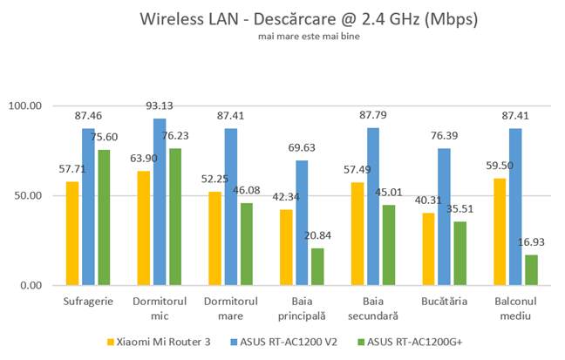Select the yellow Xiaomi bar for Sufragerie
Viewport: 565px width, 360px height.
[72, 234]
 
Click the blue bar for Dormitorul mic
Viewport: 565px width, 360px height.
[159, 202]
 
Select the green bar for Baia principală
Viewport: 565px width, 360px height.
[317, 267]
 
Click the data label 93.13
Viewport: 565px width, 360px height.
[159, 106]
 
